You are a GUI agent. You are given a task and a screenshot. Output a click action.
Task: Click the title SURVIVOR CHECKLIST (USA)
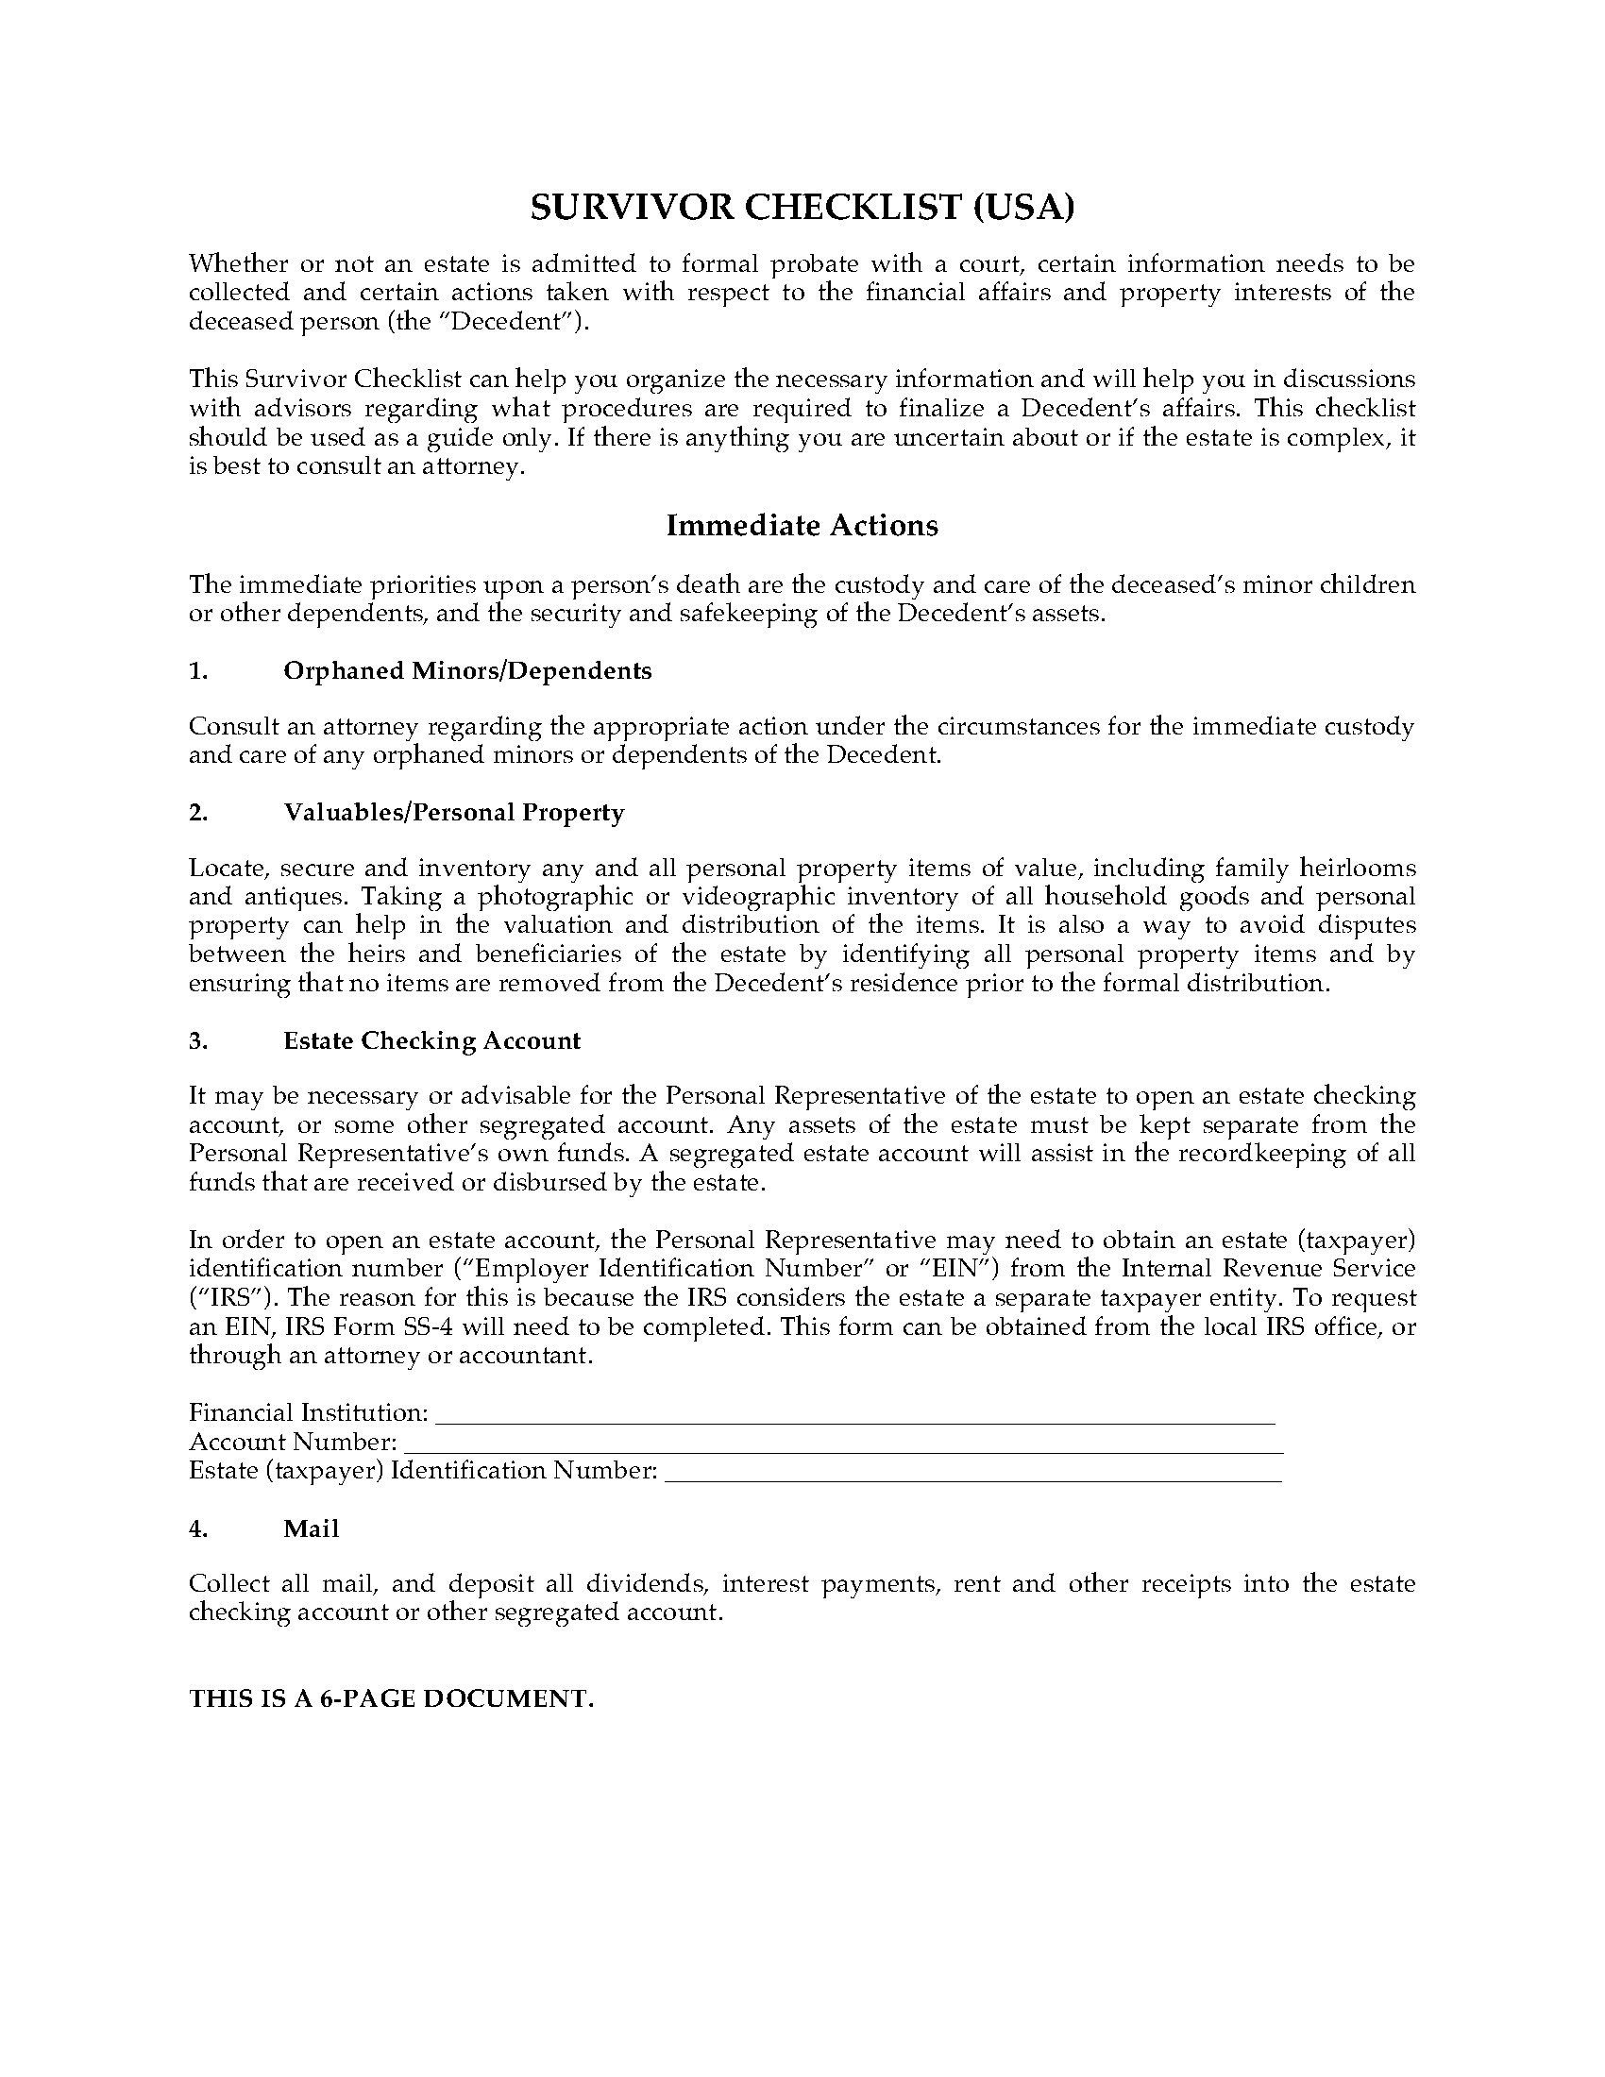pos(802,208)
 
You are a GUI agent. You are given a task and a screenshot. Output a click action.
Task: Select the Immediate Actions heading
pos(802,525)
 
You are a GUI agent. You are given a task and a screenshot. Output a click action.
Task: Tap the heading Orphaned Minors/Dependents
pos(466,670)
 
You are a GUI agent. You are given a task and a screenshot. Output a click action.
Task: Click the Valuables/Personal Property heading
pos(453,812)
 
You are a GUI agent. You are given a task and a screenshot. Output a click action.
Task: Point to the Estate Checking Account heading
pos(431,1040)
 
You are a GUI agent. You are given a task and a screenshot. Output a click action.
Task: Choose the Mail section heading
pos(311,1528)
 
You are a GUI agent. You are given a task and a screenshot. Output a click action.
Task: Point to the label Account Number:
pos(293,1442)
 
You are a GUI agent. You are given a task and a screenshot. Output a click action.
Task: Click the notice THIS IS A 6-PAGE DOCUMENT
pos(391,1698)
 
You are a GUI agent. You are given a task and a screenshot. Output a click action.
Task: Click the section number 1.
pos(197,670)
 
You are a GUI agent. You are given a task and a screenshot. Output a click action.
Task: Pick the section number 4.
pos(197,1528)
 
